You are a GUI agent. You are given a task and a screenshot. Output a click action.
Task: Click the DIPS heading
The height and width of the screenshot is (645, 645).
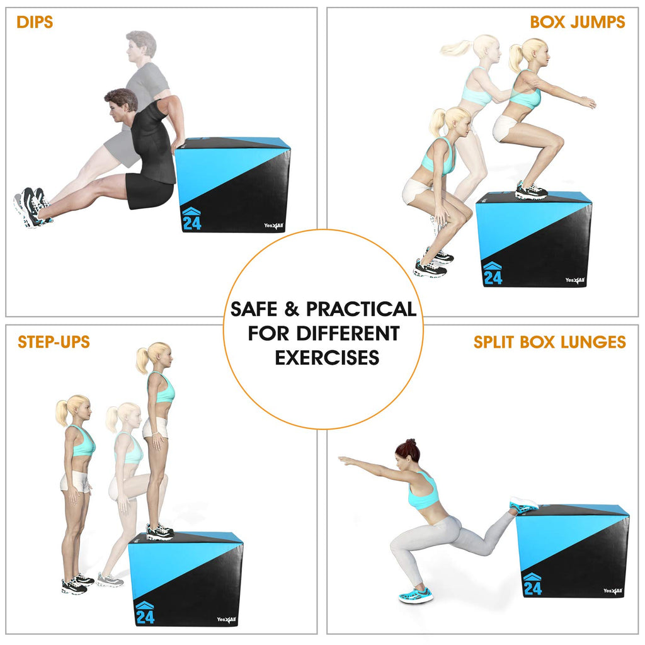coord(35,23)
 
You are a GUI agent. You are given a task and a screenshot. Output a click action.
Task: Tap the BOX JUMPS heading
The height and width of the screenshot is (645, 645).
coord(577,23)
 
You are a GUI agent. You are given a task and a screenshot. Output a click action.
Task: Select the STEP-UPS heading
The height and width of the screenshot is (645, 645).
coord(54,342)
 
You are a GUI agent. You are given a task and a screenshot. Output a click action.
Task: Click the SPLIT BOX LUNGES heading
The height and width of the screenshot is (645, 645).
coord(549,342)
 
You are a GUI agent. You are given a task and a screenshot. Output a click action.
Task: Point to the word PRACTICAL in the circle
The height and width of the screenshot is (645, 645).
coord(361,309)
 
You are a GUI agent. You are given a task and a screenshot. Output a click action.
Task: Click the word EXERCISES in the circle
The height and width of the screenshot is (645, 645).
coord(327,358)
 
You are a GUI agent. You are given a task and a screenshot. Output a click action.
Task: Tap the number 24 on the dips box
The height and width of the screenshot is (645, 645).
coord(191,223)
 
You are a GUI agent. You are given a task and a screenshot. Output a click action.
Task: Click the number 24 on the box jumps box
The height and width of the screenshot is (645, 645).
coord(493,277)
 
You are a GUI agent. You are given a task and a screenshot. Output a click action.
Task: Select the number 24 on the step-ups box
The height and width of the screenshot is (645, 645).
coord(145,617)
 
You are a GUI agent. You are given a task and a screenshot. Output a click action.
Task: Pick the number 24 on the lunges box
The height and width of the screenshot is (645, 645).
coord(532,588)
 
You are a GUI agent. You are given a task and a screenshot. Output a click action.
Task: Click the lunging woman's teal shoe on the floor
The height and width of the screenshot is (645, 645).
coord(416,595)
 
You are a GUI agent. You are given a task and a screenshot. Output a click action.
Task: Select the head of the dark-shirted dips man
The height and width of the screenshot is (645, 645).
coord(120,106)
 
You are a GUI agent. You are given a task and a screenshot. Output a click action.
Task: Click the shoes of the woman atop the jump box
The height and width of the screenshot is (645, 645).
coord(530,190)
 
